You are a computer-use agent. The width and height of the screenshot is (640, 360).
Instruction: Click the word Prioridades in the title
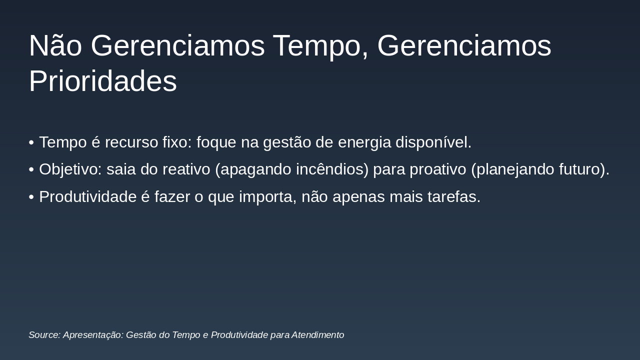[102, 81]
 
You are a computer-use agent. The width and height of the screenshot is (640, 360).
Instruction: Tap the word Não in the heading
[55, 46]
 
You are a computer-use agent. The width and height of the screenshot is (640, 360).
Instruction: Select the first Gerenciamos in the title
[177, 46]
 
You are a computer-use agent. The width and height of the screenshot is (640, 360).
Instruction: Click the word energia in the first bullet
[364, 142]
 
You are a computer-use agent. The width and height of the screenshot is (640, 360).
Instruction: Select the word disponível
[433, 142]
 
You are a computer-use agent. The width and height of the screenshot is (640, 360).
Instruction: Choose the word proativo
[438, 169]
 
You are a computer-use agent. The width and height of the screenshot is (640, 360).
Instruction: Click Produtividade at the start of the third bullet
[87, 197]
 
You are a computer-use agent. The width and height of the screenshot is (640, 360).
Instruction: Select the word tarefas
[452, 197]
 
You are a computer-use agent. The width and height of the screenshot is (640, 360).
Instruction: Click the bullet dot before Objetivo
[31, 170]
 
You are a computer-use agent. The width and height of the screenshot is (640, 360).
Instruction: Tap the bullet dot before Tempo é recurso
[31, 143]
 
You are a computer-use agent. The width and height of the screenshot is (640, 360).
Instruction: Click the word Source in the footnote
[44, 335]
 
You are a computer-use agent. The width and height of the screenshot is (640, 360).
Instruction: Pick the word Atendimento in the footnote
[317, 335]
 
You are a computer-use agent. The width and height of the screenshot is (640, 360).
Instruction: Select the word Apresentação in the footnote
[93, 335]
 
